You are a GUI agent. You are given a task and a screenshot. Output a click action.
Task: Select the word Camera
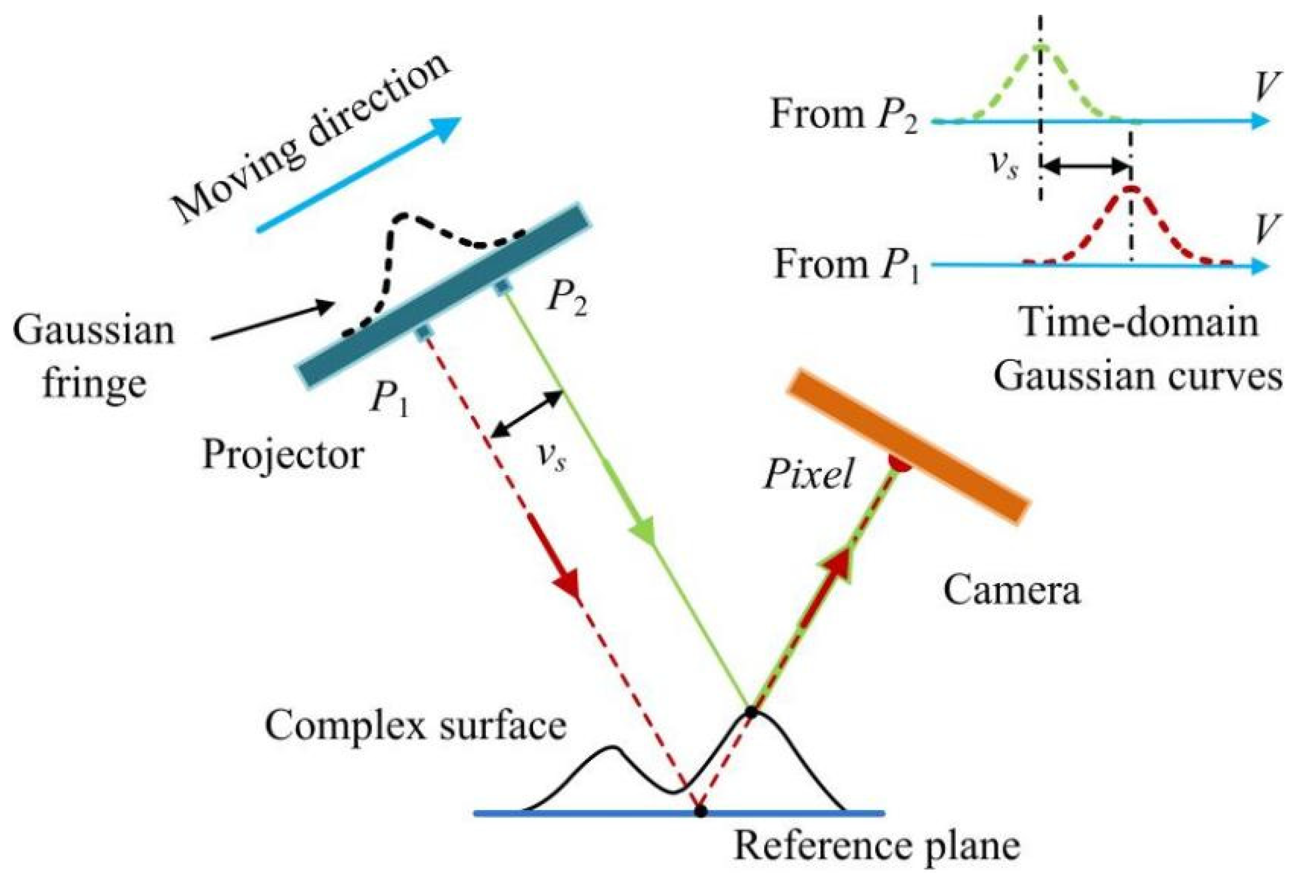click(x=1012, y=590)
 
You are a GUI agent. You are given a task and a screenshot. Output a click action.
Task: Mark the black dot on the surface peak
click(x=751, y=713)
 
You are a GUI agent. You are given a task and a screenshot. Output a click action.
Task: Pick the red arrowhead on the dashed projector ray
click(x=567, y=587)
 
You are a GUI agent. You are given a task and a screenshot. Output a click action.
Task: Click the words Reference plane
click(x=877, y=846)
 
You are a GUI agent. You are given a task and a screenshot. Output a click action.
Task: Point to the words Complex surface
click(x=415, y=726)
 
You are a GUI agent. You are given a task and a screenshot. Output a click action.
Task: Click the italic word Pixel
click(x=808, y=474)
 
